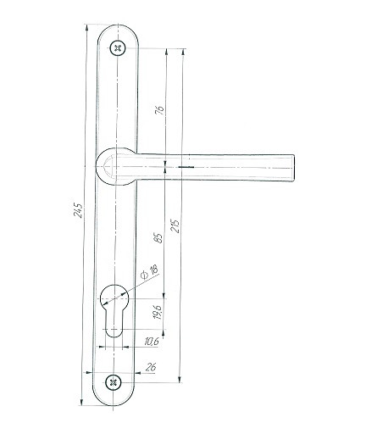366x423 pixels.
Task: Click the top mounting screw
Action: tap(117, 48)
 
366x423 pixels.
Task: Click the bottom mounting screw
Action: tap(114, 382)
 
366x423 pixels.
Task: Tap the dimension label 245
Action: tap(78, 210)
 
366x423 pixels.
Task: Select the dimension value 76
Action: tap(159, 110)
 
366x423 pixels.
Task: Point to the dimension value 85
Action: tap(158, 238)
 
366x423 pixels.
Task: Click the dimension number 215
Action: tap(175, 226)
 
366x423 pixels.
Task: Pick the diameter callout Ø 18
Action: tap(149, 272)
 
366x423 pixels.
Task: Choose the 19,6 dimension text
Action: tap(158, 312)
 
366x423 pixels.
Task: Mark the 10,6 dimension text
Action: tap(152, 342)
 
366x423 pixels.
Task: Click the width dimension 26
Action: tap(151, 367)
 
